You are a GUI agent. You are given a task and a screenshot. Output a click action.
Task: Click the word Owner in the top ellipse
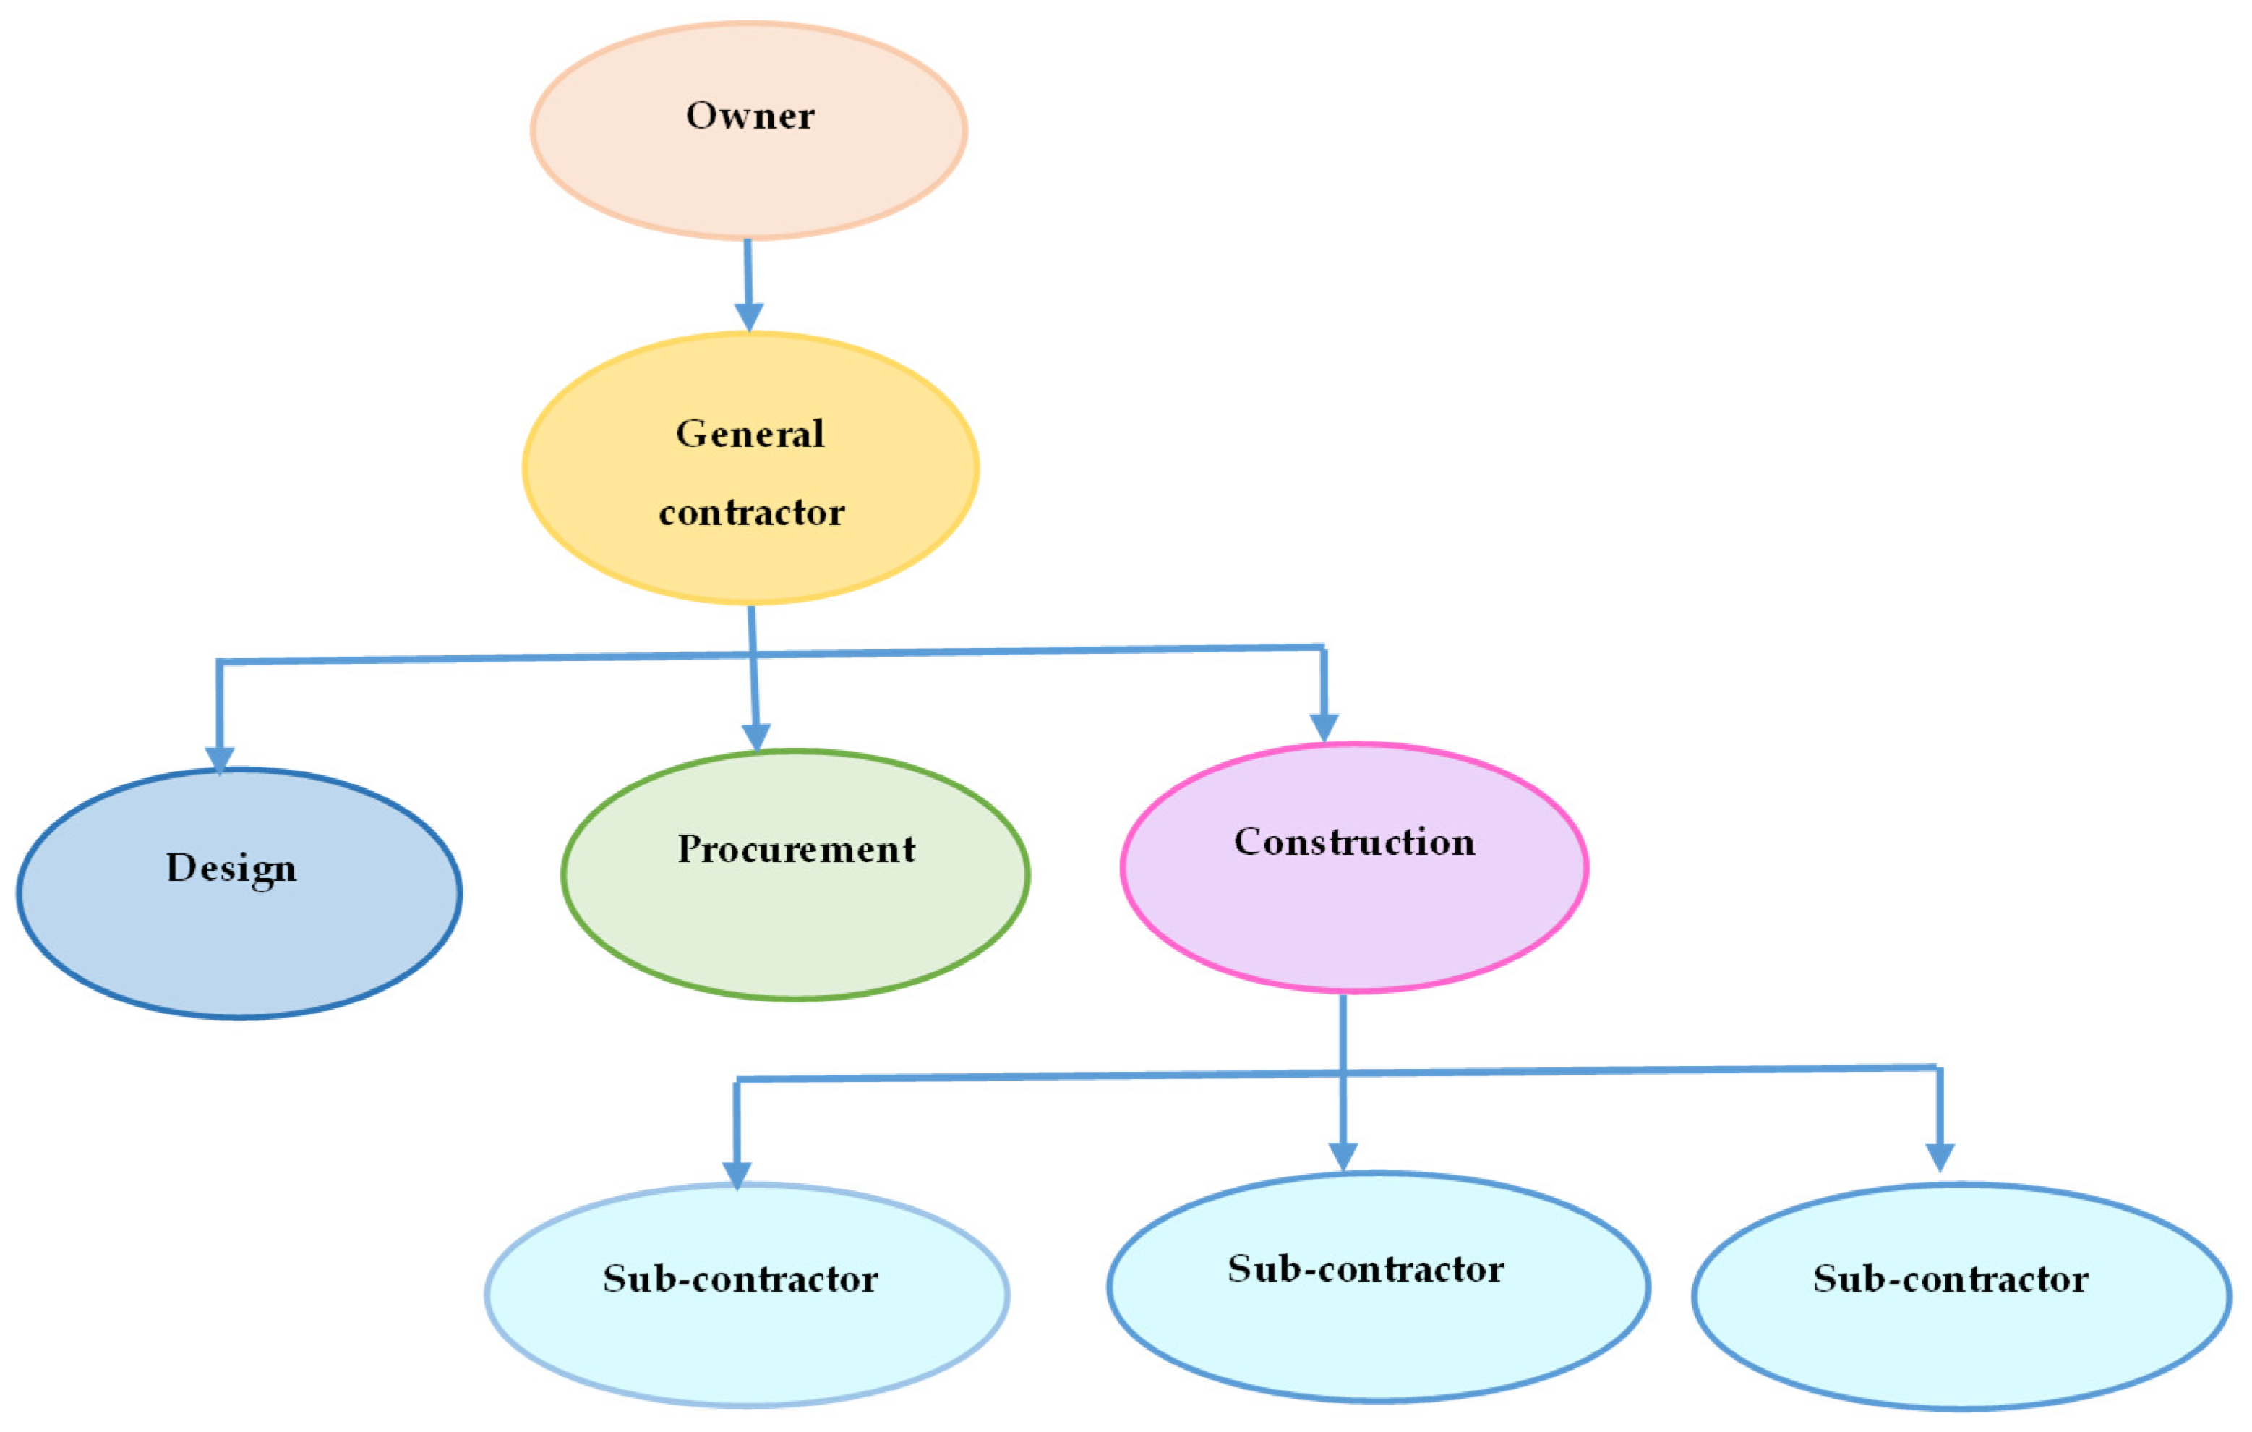[749, 116]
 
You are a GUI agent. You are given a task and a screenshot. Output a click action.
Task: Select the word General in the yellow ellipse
[750, 434]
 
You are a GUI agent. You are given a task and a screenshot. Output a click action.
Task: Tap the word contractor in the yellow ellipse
[751, 513]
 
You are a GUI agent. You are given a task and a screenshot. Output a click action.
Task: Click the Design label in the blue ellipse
[231, 868]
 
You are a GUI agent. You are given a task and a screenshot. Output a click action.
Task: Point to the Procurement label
[796, 849]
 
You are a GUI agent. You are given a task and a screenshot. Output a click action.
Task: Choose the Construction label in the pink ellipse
[1354, 842]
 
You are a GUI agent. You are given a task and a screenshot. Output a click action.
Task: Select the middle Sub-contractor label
[1366, 1269]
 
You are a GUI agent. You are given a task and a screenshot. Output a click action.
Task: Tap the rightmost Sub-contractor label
[1950, 1279]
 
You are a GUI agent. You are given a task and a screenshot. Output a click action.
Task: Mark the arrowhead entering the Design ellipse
[220, 760]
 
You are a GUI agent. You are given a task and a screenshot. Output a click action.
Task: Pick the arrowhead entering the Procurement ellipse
[755, 737]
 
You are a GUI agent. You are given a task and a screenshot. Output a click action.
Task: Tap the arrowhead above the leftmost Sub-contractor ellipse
[737, 1175]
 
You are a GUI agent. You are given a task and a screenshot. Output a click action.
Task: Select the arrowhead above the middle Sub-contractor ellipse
[1343, 1157]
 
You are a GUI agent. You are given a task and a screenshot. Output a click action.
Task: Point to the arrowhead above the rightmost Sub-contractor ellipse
[1940, 1157]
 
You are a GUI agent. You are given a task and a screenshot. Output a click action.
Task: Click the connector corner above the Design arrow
[220, 662]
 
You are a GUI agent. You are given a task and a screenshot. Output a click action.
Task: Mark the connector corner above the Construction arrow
[1323, 647]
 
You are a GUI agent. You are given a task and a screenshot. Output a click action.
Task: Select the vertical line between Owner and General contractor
[748, 271]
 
